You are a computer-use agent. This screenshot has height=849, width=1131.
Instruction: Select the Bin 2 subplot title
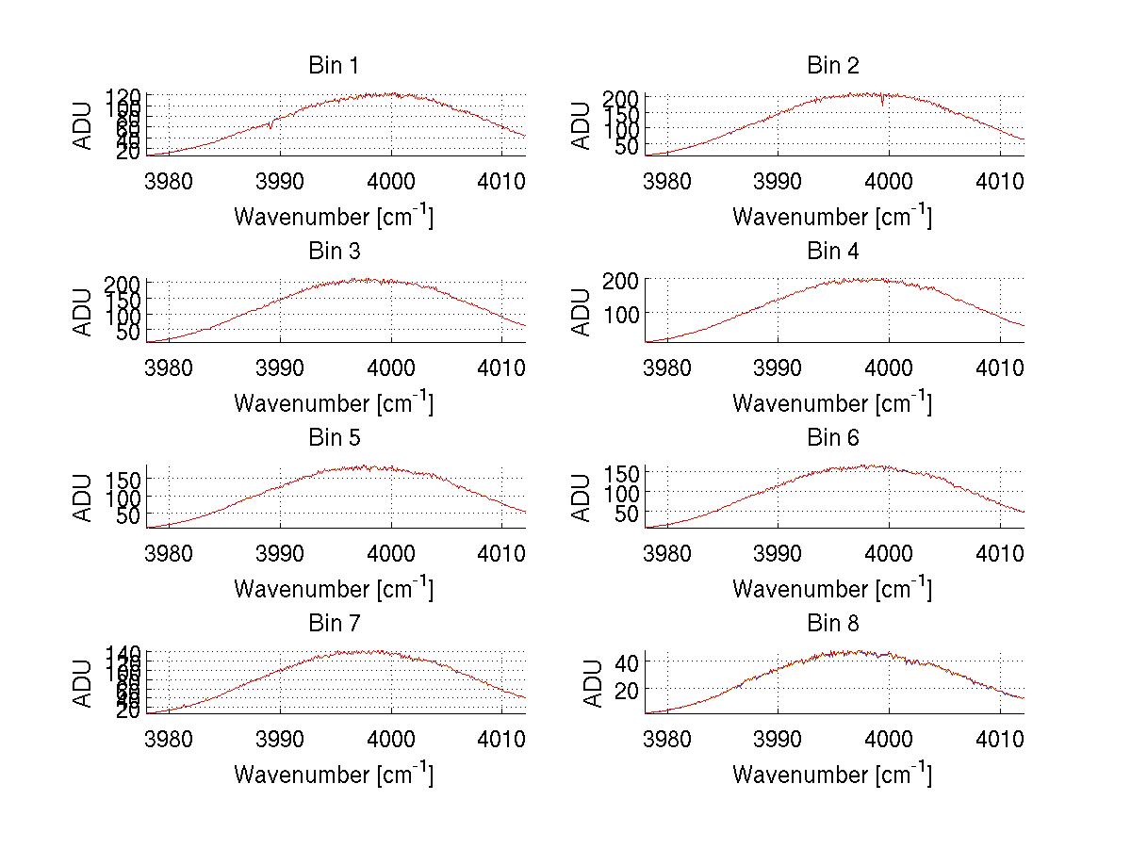click(x=832, y=66)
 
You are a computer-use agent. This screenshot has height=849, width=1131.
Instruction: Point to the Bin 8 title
click(x=832, y=624)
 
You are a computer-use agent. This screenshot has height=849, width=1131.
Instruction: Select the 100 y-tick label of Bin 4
click(x=622, y=313)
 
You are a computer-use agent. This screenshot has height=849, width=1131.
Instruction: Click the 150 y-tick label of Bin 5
click(x=123, y=479)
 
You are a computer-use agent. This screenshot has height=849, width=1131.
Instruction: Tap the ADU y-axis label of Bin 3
click(x=83, y=312)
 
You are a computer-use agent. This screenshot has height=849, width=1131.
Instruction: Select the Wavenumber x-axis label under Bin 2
click(x=832, y=217)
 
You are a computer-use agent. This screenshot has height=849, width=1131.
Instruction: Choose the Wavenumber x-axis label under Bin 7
click(x=334, y=775)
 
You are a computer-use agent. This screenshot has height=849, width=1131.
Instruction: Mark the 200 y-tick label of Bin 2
click(x=622, y=97)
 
